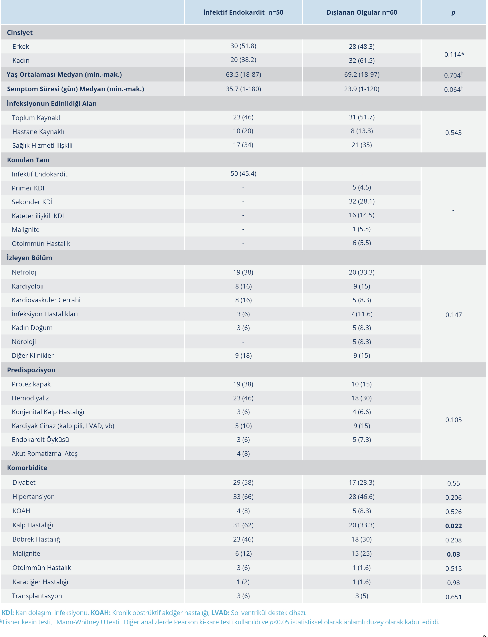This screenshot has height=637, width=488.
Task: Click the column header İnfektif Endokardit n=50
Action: [x=243, y=12]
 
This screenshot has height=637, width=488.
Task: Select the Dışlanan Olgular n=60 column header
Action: [x=362, y=12]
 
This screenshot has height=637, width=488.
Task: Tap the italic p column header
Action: [x=453, y=12]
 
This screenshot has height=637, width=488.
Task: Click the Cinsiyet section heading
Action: [x=20, y=33]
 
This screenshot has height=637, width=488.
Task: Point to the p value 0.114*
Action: [x=454, y=54]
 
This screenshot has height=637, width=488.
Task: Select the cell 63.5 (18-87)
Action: [x=243, y=75]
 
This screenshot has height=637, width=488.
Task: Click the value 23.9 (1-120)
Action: [x=362, y=89]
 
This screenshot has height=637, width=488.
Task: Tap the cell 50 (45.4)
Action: [x=243, y=174]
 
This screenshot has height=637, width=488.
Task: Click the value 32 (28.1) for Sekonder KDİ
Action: [x=362, y=201]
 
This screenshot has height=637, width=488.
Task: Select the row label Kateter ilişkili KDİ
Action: [x=38, y=216]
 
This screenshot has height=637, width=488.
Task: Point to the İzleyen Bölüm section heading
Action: [x=30, y=258]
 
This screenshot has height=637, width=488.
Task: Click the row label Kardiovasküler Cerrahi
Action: [x=46, y=300]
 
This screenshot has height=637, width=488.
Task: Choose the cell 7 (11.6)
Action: [x=361, y=314]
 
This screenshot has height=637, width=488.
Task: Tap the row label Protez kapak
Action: [x=31, y=384]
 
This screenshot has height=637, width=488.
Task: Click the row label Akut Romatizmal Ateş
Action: [x=45, y=453]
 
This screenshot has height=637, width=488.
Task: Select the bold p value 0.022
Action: [x=453, y=526]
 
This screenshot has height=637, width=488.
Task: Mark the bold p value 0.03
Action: [x=453, y=554]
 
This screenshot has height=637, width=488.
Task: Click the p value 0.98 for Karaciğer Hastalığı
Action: [x=453, y=583]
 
